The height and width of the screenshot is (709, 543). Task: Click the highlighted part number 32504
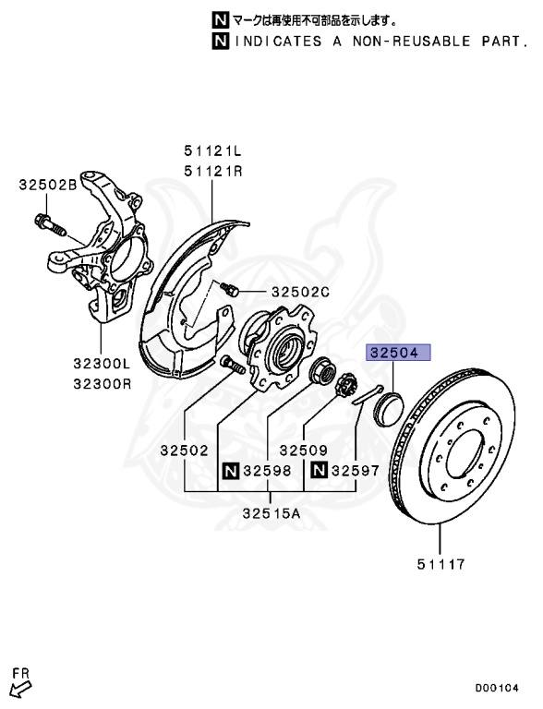395,352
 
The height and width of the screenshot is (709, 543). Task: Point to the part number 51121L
212,150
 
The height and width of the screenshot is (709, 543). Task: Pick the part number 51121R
212,170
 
